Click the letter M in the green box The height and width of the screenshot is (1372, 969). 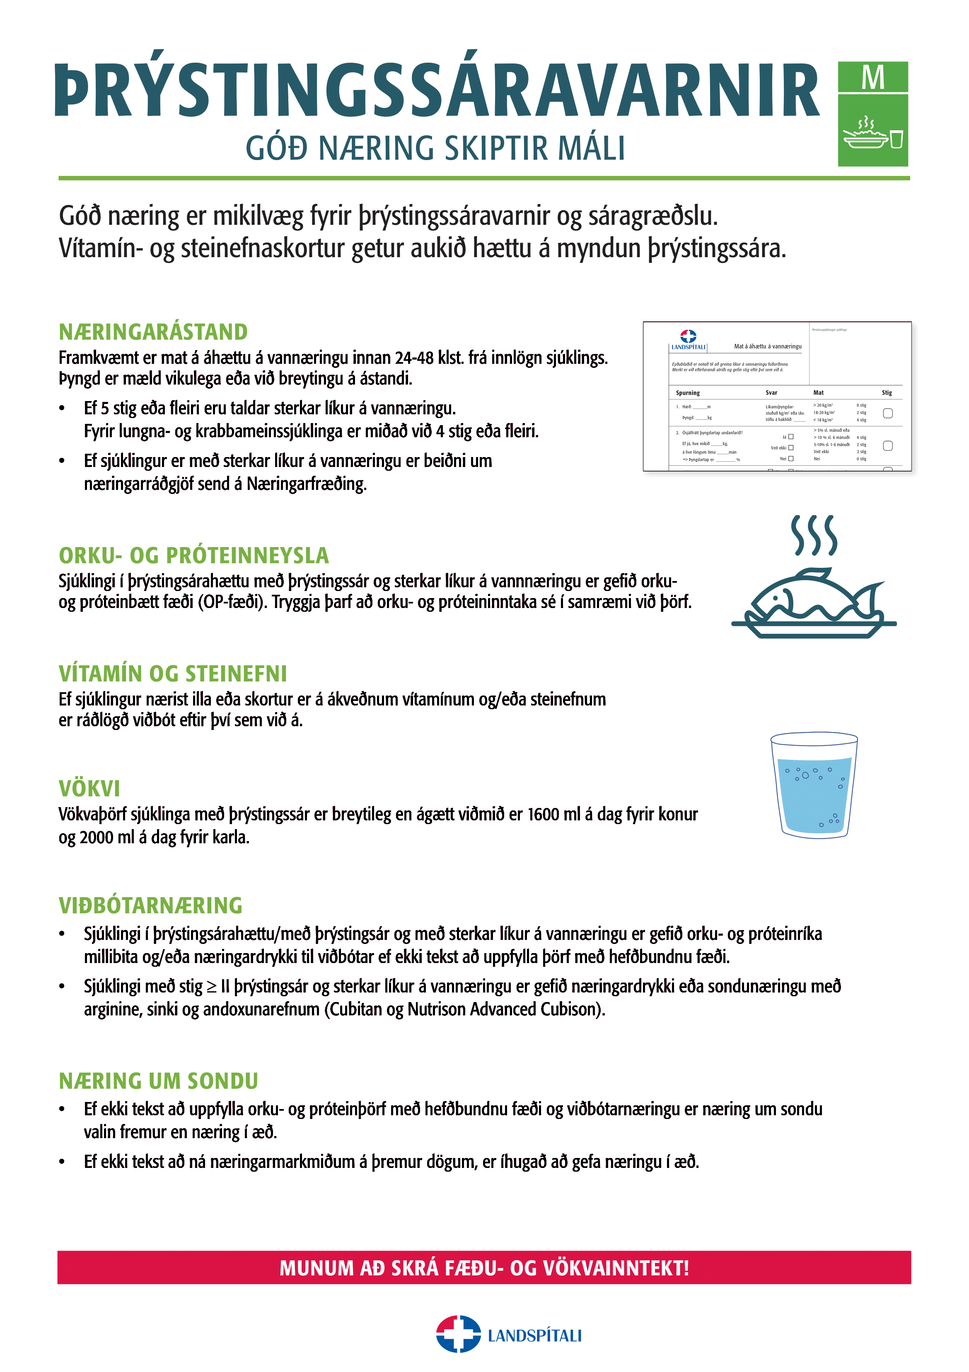coord(872,78)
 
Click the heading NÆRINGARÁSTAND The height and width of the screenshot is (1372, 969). coord(153,332)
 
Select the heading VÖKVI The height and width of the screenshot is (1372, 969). coord(89,789)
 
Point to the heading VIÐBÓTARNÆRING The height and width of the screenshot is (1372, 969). coord(150,905)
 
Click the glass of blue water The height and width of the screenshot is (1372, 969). coord(814,786)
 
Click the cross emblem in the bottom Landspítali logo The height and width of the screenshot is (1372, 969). coord(458,1334)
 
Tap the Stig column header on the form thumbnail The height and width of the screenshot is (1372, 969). coord(887,393)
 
